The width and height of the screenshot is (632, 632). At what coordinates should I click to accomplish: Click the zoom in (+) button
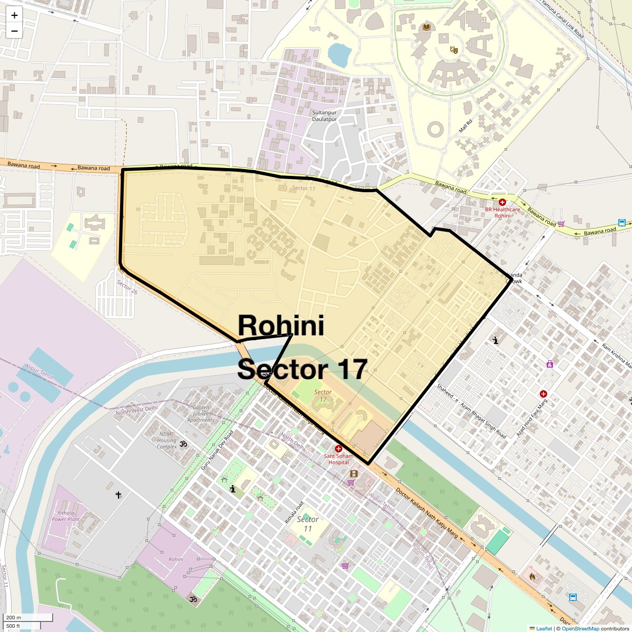point(14,16)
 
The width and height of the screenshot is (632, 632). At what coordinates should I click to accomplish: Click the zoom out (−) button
point(14,31)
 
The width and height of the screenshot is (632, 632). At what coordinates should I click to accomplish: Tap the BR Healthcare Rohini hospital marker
point(502,202)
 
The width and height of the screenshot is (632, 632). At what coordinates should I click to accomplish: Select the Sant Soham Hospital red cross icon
point(338,449)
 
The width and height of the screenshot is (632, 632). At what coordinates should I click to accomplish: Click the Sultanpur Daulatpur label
point(324,116)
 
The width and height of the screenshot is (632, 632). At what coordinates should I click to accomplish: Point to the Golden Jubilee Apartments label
point(201,413)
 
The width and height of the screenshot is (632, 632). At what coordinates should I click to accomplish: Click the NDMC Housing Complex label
point(166,440)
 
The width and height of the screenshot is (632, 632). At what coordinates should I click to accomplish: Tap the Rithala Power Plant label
point(65,516)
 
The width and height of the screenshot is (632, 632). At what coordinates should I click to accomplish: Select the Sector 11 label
point(308,524)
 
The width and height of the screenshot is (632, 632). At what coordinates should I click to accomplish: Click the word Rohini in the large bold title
point(281,325)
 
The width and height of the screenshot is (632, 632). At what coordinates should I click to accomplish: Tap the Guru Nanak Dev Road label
point(217,450)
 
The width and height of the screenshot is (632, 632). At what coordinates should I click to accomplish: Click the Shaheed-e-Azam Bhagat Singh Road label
point(471,411)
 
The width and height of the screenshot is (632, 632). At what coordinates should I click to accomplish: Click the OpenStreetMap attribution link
point(580,628)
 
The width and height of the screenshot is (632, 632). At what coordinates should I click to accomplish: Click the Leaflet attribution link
point(544,628)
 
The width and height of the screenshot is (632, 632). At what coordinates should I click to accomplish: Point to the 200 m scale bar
point(28,618)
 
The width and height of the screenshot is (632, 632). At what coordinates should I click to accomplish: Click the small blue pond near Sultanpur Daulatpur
point(339,54)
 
